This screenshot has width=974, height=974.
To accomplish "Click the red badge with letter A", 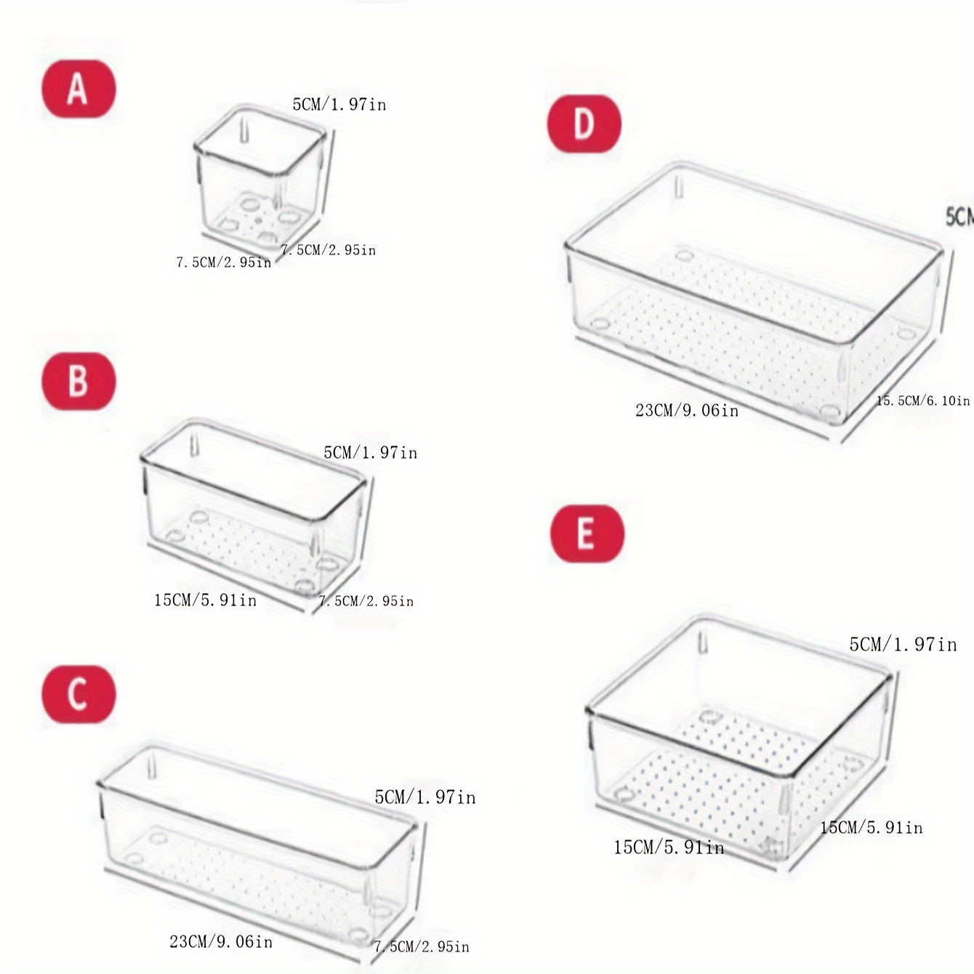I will (79, 89).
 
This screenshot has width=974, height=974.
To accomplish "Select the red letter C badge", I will (79, 694).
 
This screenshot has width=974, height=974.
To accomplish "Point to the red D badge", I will (584, 124).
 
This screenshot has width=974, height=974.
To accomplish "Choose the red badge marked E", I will (587, 534).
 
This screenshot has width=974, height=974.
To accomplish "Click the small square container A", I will (259, 182).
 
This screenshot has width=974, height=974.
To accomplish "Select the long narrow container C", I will (258, 843).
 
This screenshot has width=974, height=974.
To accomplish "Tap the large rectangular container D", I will (752, 298).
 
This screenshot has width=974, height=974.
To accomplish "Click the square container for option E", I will (738, 738).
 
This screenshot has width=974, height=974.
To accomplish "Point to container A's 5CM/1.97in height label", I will (339, 105).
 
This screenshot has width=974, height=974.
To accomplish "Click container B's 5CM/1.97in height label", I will (371, 453).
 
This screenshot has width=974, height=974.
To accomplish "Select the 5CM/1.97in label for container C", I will (425, 797).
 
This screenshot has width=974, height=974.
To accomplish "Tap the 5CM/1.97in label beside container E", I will (903, 645).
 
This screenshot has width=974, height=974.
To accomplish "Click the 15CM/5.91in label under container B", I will (205, 600).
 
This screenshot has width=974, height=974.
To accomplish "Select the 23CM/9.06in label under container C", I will (221, 942).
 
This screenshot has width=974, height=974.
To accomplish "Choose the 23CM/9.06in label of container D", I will (687, 411).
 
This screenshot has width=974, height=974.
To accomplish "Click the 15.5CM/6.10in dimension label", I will (923, 401).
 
